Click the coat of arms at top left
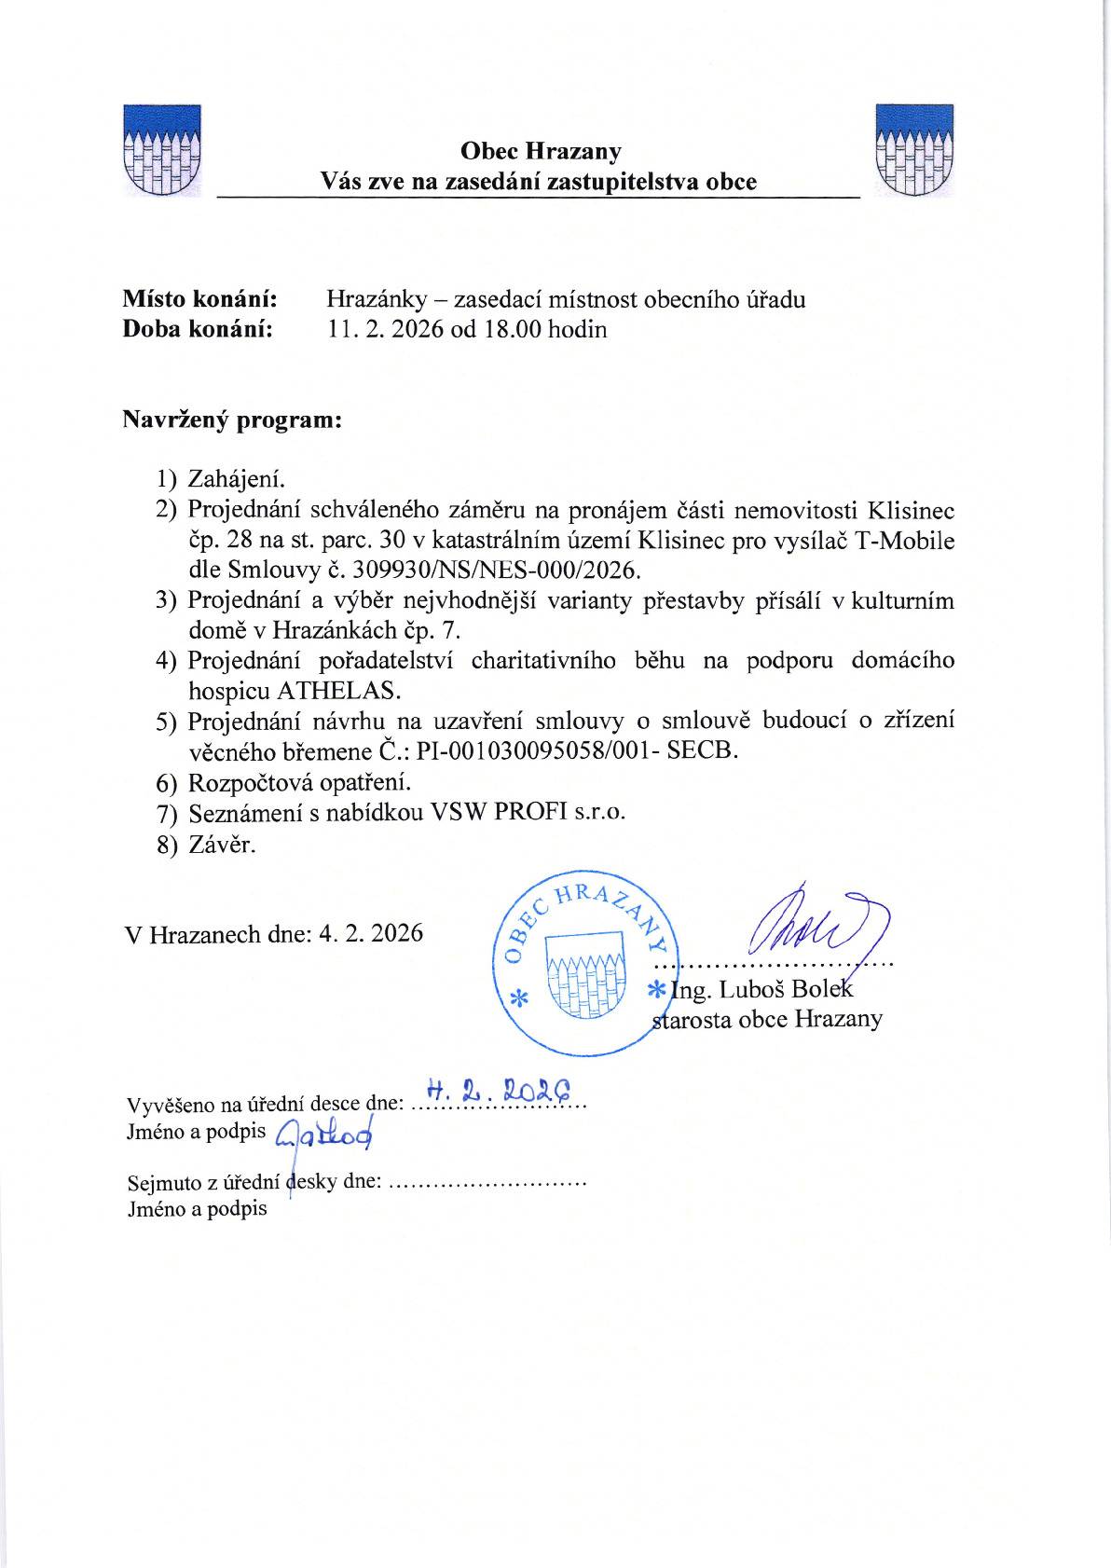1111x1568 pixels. (x=163, y=150)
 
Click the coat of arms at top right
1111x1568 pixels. (x=914, y=150)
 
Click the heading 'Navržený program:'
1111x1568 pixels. (x=233, y=420)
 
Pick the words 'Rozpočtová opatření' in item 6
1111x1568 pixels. (x=299, y=781)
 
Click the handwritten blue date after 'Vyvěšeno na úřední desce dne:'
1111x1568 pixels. (x=497, y=1091)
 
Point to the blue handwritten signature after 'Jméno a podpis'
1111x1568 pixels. (x=326, y=1132)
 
